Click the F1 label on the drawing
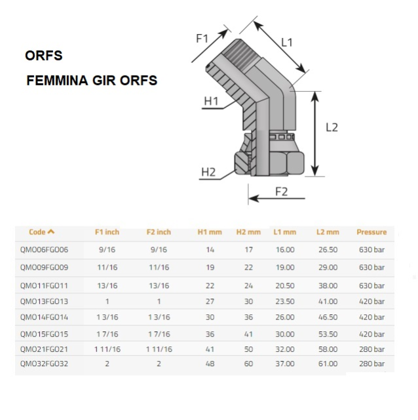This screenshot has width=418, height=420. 202,38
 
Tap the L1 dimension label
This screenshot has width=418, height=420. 287,42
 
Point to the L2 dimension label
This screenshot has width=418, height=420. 332,127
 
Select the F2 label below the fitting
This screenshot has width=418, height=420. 281,192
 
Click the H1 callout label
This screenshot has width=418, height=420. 211,101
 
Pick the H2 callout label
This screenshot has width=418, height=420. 208,172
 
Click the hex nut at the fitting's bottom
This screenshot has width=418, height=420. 269,163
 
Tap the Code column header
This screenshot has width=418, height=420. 37,232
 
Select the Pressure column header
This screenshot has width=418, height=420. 371,232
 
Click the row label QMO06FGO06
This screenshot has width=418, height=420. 44,249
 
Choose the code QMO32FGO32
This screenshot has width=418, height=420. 44,364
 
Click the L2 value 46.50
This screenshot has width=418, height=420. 328,317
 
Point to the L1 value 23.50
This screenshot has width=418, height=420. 285,301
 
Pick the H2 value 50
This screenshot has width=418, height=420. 248,349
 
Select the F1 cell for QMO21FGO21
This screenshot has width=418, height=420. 107,349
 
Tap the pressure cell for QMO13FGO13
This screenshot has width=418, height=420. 371,301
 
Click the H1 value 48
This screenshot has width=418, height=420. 210,364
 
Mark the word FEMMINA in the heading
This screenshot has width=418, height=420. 57,80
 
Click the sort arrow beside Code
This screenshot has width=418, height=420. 51,232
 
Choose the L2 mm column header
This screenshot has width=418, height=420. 328,232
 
